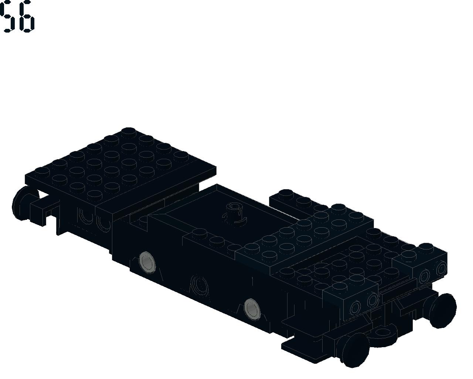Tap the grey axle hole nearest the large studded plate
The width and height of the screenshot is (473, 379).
point(147,262)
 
